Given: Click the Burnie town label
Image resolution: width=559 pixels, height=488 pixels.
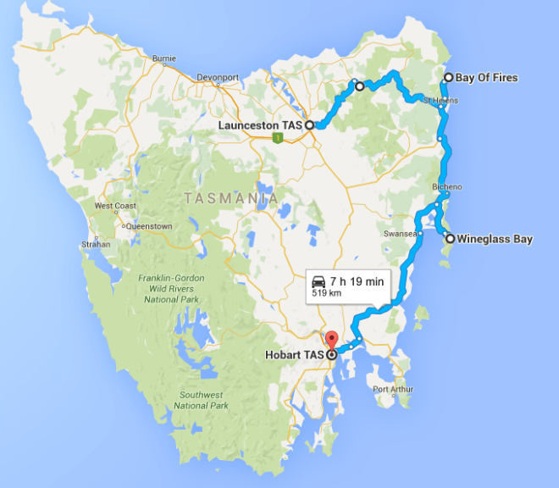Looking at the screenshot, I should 163,58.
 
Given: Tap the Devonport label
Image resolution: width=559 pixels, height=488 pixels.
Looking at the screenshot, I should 219,77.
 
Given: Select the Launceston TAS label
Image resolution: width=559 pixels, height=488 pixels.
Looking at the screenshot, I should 260,125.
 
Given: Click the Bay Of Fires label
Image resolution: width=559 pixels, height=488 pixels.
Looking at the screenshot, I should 486,78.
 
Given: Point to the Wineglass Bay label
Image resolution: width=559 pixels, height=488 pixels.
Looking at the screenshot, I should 494,239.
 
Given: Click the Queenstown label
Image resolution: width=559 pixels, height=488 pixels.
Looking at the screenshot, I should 149,226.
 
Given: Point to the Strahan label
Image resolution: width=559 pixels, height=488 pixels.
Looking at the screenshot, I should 96,244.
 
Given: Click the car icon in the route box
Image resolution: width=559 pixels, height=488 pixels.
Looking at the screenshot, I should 318,280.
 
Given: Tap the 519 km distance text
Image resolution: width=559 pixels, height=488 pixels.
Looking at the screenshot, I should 329,293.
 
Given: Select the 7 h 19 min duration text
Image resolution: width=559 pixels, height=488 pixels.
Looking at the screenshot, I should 357,280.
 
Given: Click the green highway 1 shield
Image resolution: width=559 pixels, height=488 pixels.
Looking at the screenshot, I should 277,137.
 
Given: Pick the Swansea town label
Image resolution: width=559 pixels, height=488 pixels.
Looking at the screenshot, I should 398,233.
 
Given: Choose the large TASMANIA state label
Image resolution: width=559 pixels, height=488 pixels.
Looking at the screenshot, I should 231,198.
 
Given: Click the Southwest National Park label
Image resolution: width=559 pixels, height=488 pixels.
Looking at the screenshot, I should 201,400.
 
